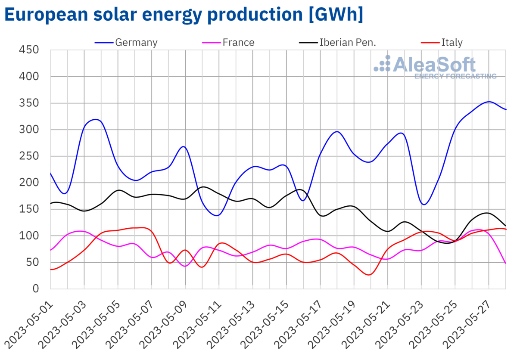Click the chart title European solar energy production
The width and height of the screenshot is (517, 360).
pos(184,15)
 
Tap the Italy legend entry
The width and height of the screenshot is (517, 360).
pos(452,42)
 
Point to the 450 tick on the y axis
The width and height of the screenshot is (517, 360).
pos(29,50)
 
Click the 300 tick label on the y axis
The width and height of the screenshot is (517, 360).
pos(29,130)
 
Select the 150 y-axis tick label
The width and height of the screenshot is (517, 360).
pos(29,209)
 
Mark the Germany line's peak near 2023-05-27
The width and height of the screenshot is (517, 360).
pos(489,102)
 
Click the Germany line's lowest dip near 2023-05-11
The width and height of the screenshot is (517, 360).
pos(216,215)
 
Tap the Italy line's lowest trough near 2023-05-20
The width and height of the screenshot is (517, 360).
pos(369,275)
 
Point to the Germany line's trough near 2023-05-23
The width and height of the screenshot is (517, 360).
pos(424,205)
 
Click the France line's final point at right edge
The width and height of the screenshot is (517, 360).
pos(506,263)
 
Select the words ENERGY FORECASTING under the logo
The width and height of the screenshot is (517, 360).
pos(455,76)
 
